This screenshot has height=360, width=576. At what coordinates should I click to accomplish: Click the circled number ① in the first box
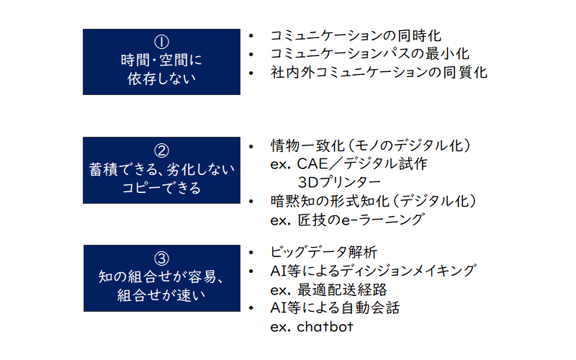coord(161,42)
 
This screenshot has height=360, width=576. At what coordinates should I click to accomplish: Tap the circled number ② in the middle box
coord(161,150)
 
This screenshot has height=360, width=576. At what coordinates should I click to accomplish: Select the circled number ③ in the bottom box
coord(161,258)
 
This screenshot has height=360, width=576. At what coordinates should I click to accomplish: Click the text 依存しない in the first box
coord(161,78)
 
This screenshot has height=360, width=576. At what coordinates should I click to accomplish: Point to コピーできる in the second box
coord(161,188)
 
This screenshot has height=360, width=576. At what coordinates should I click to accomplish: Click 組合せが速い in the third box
coord(161,295)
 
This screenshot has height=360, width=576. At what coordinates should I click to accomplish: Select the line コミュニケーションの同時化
coord(356,35)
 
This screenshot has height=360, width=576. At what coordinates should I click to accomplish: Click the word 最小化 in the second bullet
coord(447,53)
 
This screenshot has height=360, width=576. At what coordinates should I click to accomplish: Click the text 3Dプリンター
coord(339,182)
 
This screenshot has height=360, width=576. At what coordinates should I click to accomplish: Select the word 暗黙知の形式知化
coord(330,202)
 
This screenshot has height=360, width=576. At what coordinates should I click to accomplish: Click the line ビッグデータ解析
coord(323,253)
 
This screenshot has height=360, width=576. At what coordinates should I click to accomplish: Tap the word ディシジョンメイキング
coord(408,271)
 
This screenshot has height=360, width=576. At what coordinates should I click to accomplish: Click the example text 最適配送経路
coord(342,290)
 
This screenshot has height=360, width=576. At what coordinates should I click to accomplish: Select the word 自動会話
coord(370,308)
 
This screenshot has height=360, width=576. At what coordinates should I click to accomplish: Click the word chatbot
coord(325,326)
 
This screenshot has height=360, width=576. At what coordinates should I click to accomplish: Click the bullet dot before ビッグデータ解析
coord(251,253)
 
